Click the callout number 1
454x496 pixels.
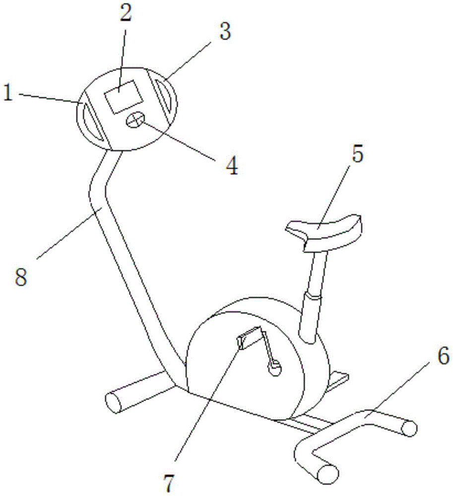coord(8,93)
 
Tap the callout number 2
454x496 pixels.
coord(126,13)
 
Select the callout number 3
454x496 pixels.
coord(225,32)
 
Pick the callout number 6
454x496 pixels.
coord(443,356)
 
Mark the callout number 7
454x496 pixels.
coord(169,484)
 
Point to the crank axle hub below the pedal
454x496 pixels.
coord(274,369)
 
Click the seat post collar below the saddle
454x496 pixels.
coord(313,297)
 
